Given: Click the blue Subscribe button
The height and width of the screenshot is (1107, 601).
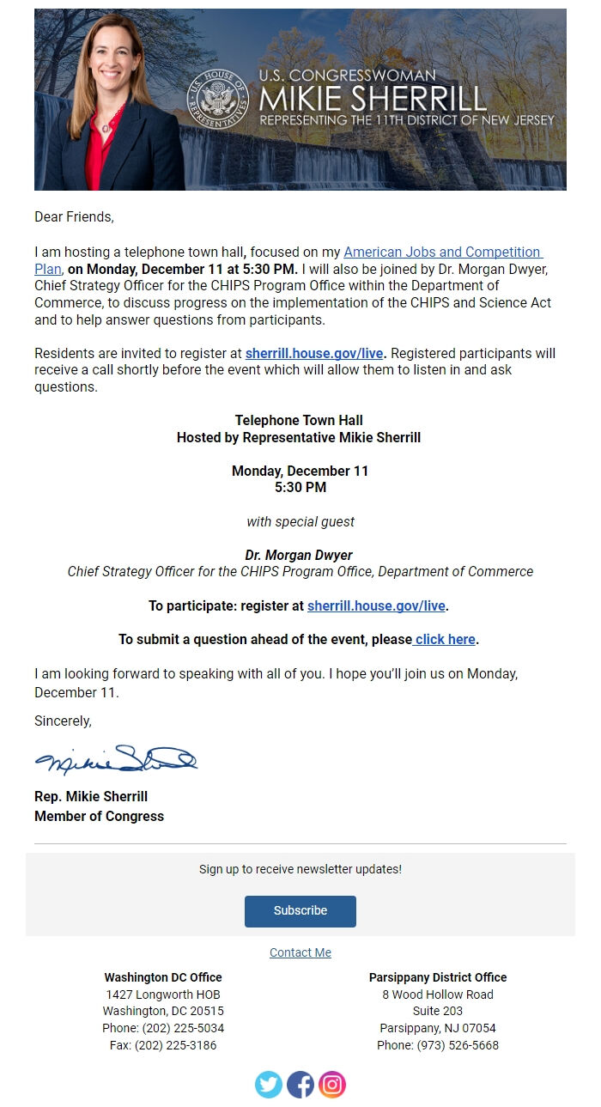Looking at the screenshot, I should pyautogui.click(x=300, y=910).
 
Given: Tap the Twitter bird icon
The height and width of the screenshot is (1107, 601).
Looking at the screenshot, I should pyautogui.click(x=269, y=1085).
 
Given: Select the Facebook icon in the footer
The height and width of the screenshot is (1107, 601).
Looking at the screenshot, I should pyautogui.click(x=300, y=1085).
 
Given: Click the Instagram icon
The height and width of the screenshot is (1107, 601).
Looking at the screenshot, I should pyautogui.click(x=332, y=1085).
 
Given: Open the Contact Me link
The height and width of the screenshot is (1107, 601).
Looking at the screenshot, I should pyautogui.click(x=300, y=952).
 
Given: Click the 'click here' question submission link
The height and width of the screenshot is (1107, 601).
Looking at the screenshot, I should pyautogui.click(x=445, y=640).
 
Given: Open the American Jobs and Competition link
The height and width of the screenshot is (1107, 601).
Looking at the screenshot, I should pyautogui.click(x=442, y=252).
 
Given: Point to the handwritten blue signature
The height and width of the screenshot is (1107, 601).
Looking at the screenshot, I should pyautogui.click(x=116, y=759).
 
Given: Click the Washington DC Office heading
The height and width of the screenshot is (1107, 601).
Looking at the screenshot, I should pyautogui.click(x=163, y=977).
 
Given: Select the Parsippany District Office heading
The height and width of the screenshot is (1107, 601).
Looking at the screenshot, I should pyautogui.click(x=438, y=977).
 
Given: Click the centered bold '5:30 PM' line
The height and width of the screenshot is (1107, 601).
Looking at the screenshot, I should pyautogui.click(x=300, y=488).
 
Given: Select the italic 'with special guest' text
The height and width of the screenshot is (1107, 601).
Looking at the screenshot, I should pyautogui.click(x=300, y=521).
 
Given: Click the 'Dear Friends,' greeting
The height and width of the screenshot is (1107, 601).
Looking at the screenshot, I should pyautogui.click(x=74, y=217).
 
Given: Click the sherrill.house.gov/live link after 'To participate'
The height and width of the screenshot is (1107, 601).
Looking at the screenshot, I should pyautogui.click(x=376, y=606).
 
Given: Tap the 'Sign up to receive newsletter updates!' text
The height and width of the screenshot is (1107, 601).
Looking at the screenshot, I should pyautogui.click(x=300, y=869).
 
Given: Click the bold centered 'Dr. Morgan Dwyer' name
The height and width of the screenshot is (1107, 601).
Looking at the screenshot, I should pyautogui.click(x=299, y=555).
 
